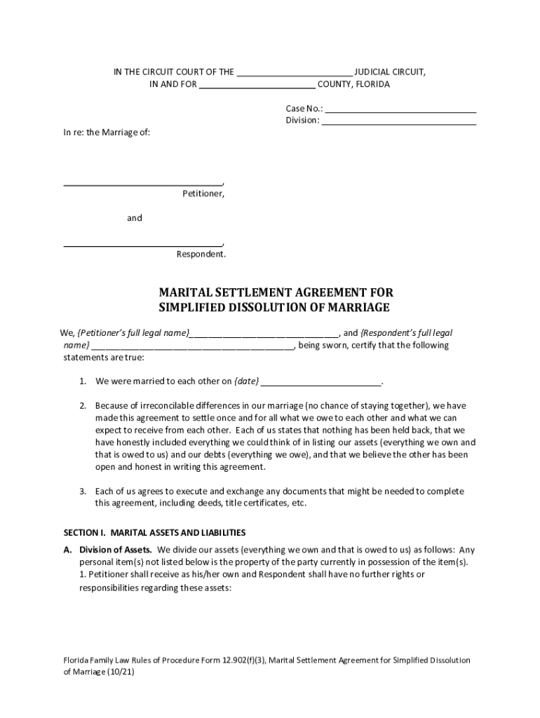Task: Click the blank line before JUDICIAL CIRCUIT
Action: [x=295, y=73]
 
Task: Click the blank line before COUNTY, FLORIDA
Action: [x=257, y=86]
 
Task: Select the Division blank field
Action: [x=399, y=121]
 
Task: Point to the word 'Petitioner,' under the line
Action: [x=203, y=194]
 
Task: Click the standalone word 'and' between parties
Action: [x=134, y=218]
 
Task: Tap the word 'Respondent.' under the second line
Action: [x=201, y=255]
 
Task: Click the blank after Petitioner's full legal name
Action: [x=264, y=333]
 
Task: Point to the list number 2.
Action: [x=82, y=406]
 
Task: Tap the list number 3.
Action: [x=82, y=492]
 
